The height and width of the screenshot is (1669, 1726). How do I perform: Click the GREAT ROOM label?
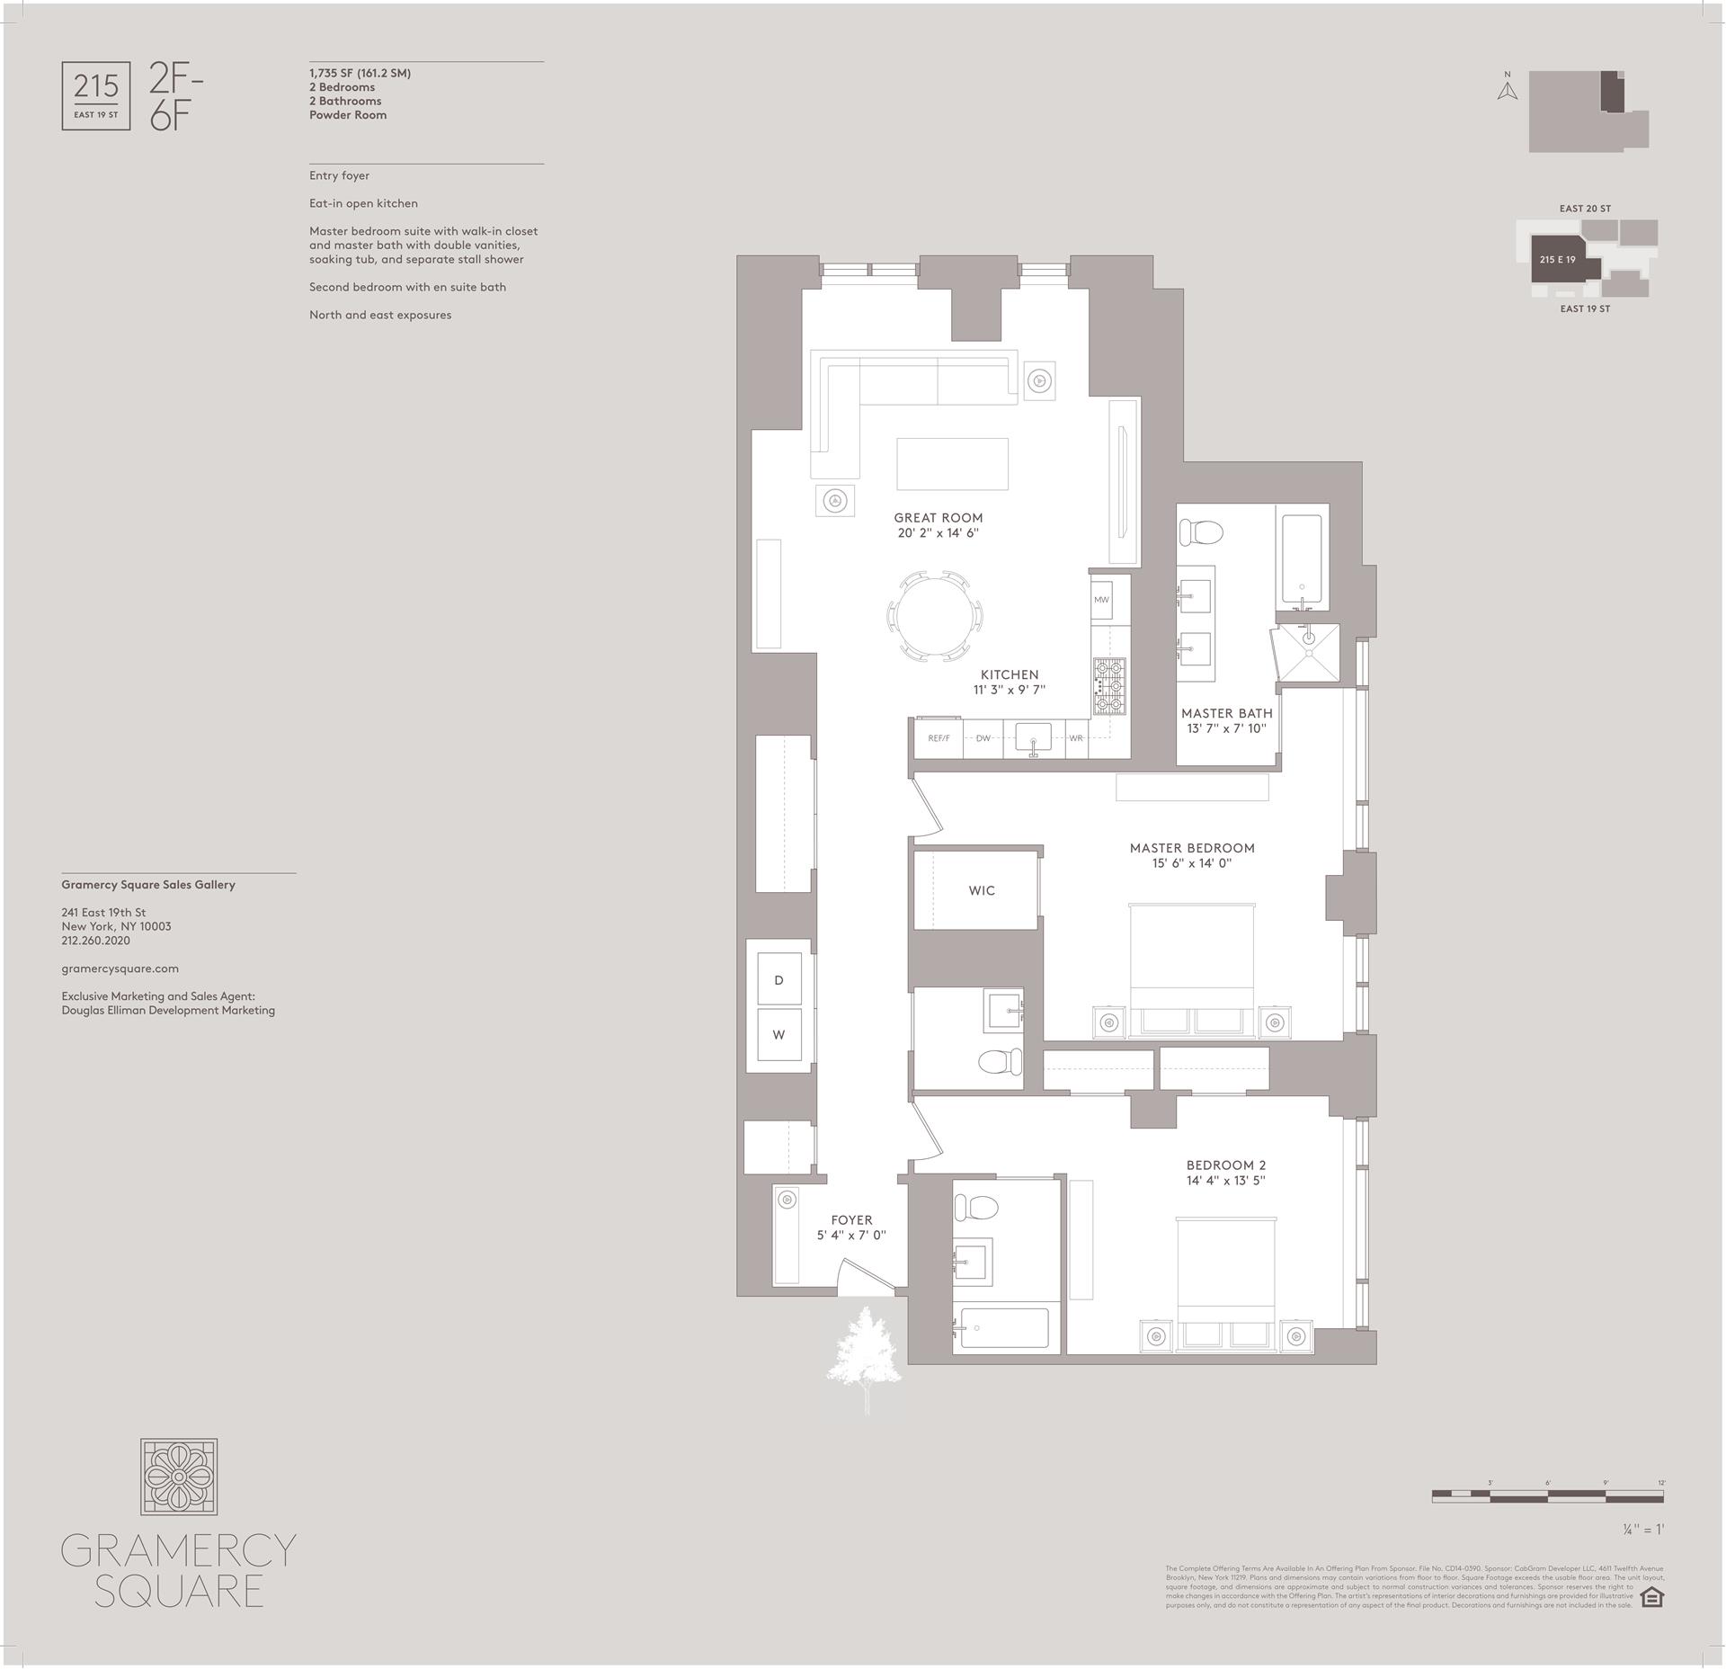[938, 518]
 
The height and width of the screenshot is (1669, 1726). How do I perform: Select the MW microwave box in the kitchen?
[1101, 600]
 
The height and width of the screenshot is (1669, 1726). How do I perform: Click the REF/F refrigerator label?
[939, 738]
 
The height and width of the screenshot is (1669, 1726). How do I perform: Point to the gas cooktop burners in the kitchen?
[1108, 686]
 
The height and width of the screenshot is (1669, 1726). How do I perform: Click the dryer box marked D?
[778, 979]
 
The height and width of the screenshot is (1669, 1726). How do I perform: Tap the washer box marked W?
[778, 1034]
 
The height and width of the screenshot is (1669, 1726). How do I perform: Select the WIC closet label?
[981, 890]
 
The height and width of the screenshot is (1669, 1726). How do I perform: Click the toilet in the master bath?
[1201, 532]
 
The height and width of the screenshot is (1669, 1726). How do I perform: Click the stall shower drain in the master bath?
[1309, 638]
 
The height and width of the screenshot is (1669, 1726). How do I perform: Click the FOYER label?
[851, 1220]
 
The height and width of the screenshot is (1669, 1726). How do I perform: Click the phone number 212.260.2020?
[95, 941]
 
